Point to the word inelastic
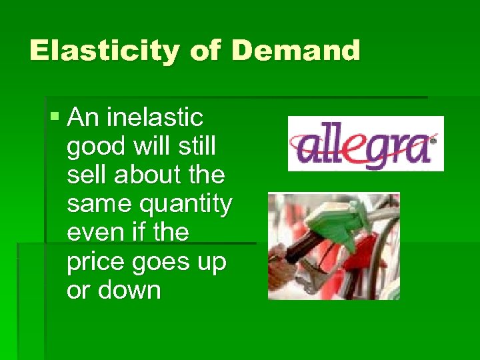tap(155, 118)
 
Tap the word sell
tap(87, 176)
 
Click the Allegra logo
tap(365, 143)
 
